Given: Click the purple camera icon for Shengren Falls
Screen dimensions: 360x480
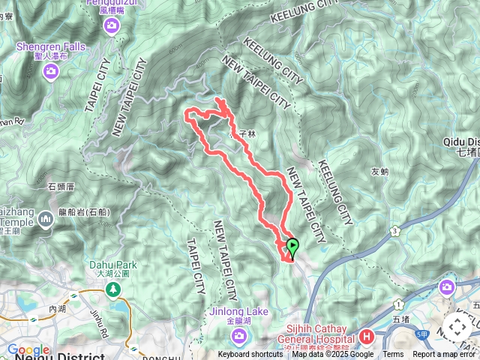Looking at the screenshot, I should (x=51, y=71).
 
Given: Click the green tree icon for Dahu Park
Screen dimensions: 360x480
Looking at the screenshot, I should (x=113, y=288).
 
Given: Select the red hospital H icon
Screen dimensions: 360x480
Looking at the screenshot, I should (x=367, y=336).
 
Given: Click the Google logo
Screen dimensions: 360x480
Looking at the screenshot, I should (x=28, y=350).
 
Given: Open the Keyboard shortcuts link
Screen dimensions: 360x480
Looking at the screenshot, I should (x=250, y=355).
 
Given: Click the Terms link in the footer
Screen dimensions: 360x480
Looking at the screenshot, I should (x=393, y=355).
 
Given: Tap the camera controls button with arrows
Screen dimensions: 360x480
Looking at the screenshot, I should (x=457, y=327).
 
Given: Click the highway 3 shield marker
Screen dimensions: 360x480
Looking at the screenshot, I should (x=394, y=232).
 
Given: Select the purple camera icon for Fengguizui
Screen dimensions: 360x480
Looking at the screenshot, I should (x=112, y=27).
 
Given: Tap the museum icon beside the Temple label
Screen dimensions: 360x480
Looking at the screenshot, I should (x=46, y=219).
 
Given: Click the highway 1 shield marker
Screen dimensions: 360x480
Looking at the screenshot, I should (x=399, y=304).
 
